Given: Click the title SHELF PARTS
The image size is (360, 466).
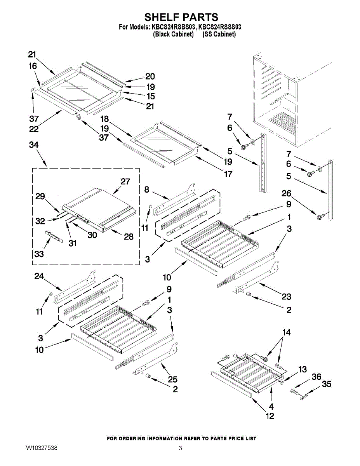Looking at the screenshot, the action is point(181,17).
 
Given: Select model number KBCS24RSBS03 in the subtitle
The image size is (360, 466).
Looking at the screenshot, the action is point(174,27).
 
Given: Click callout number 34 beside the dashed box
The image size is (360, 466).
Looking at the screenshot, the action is point(34,145).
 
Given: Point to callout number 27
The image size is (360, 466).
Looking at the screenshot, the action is point(125,182).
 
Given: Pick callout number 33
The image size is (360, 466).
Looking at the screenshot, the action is point(39,254).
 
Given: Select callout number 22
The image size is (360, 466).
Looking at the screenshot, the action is point(34,129).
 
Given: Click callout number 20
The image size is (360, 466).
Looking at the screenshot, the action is point(150,77).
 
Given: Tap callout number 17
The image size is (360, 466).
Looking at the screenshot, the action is point(228,174).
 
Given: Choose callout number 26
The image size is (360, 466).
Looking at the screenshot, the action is point(287,193).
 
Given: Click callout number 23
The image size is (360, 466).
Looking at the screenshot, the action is point(287,297).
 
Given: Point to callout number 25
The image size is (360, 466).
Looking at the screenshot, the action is point(172,379).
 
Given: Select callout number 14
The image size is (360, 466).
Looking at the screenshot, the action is point(287,332).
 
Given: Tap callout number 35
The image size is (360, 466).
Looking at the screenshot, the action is point(327,384).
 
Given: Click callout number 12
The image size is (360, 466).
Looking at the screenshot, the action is point(270,416).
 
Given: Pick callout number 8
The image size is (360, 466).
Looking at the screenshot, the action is point(147,190).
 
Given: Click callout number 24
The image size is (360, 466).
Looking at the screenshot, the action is point(39,276).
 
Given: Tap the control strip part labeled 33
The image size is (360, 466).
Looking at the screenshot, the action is point(54,236).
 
